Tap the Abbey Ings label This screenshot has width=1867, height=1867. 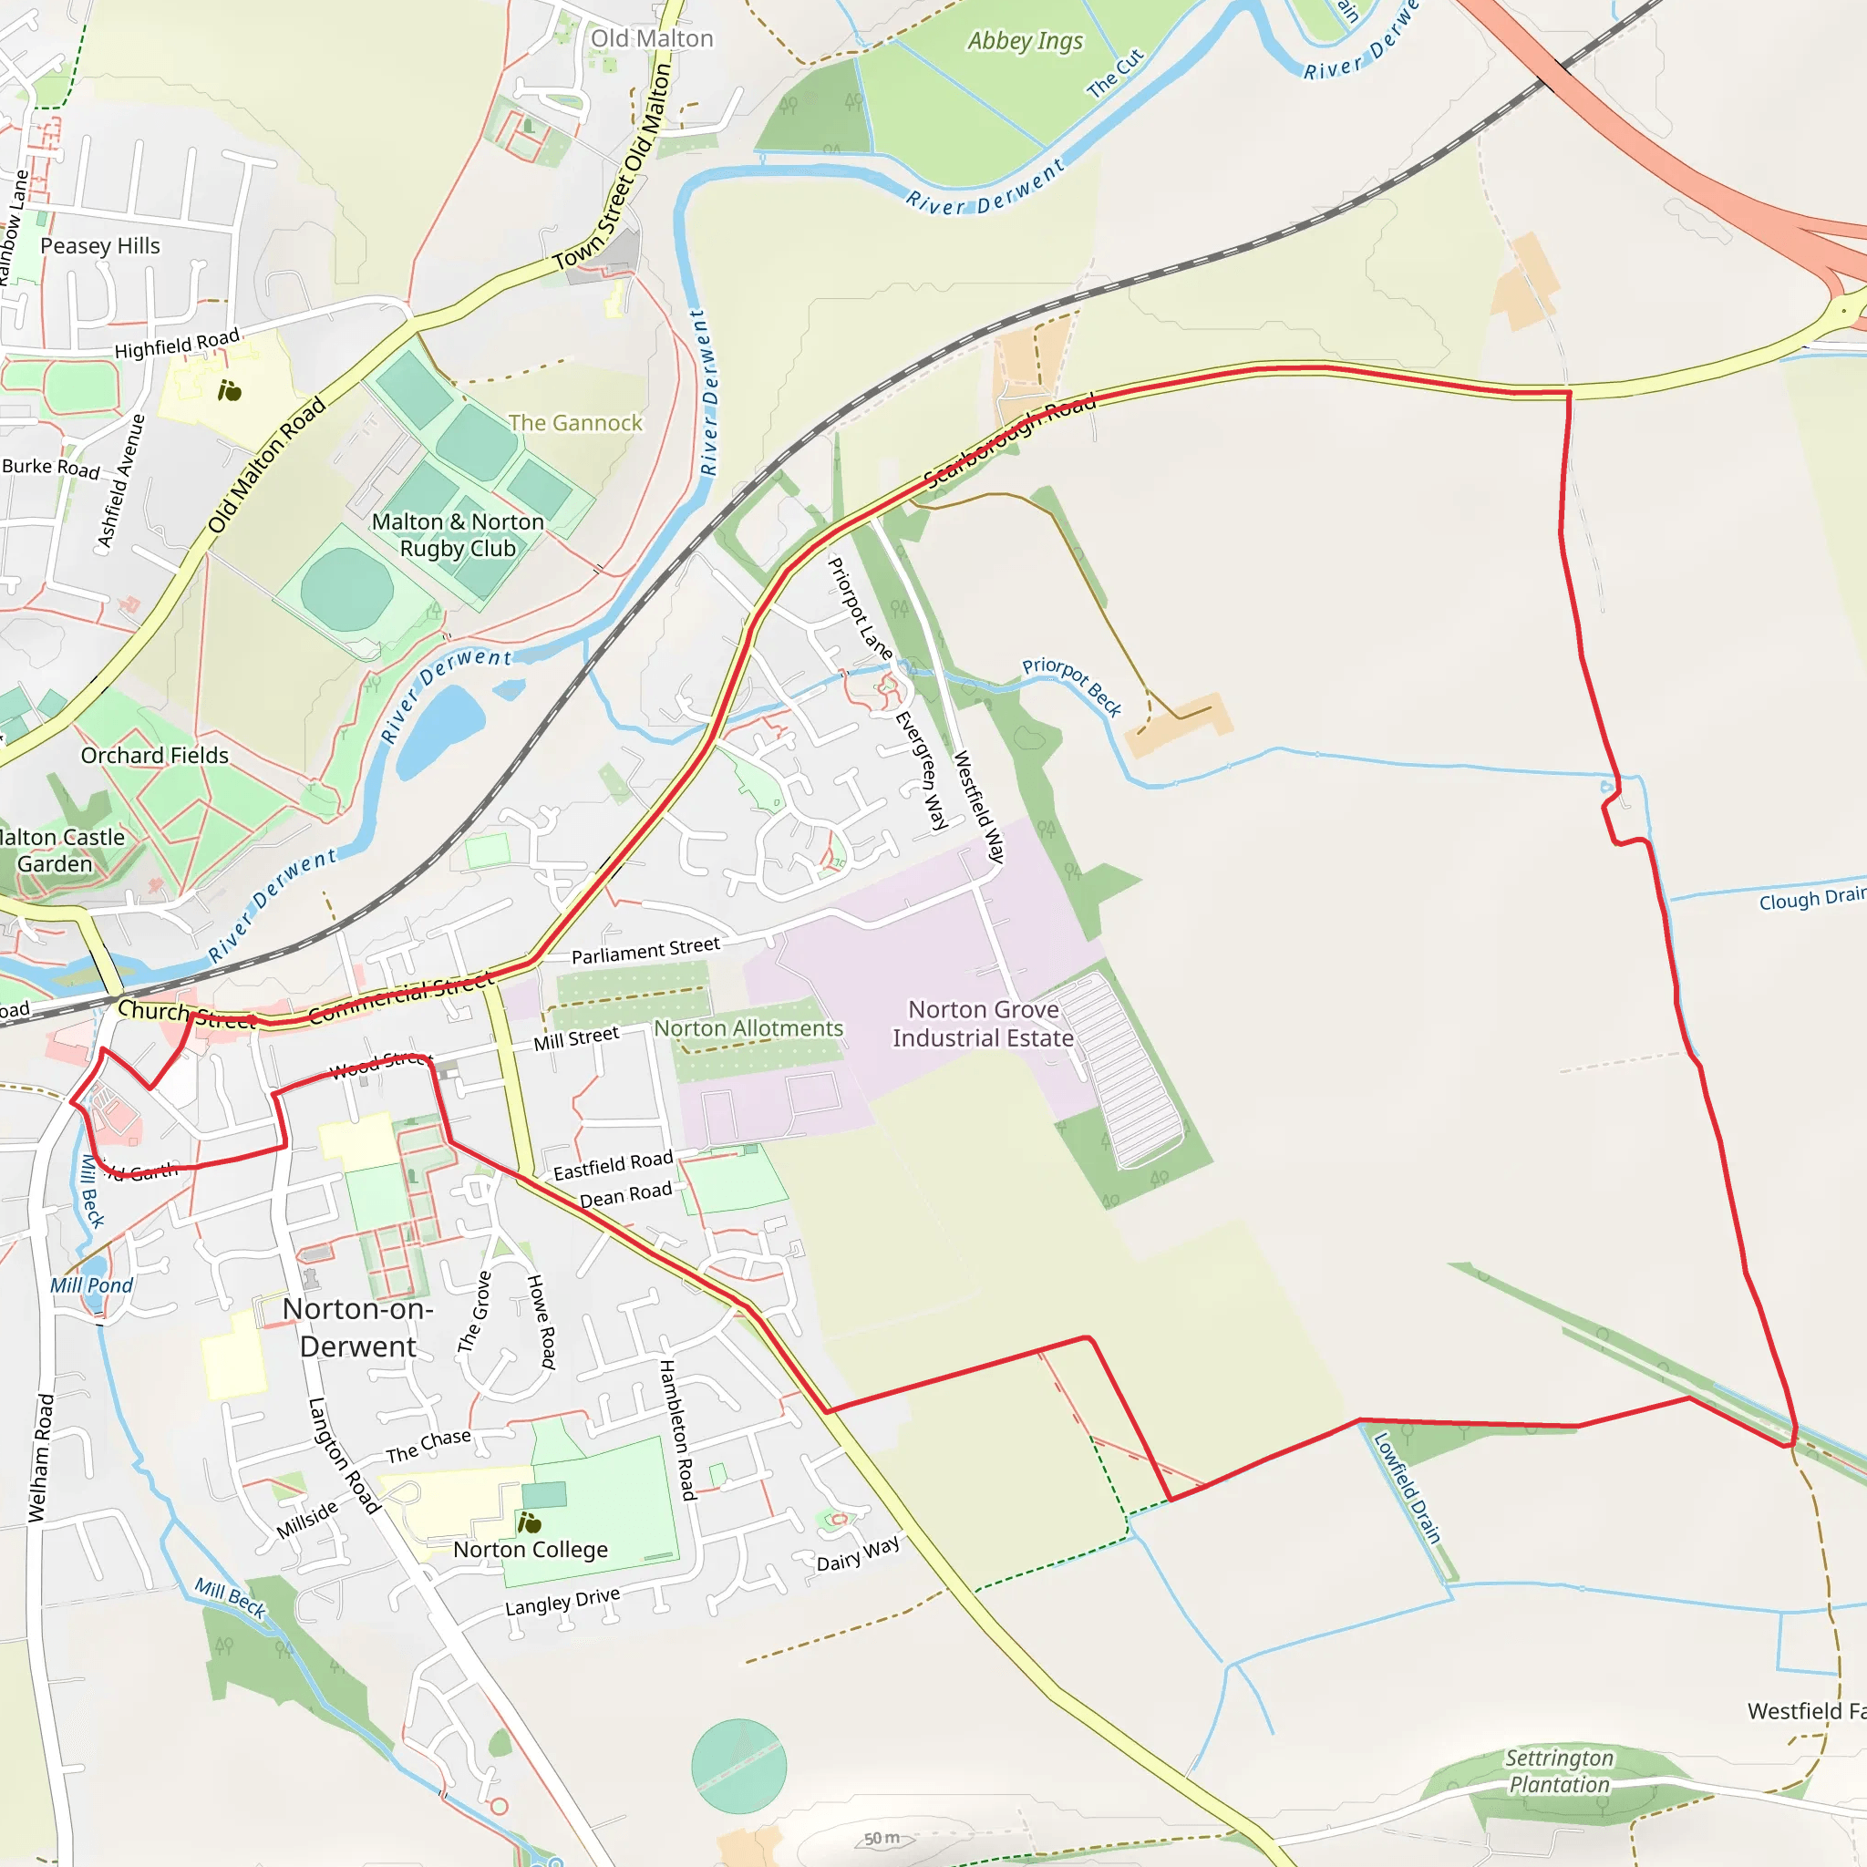[1026, 41]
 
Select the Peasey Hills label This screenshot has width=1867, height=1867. [100, 246]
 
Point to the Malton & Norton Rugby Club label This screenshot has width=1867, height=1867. [458, 535]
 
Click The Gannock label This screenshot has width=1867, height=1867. [575, 423]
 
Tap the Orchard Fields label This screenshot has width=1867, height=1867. [155, 756]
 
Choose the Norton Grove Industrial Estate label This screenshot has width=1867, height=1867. [983, 1024]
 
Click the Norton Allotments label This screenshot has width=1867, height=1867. [749, 1028]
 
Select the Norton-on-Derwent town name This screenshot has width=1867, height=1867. [357, 1326]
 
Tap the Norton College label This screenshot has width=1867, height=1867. [531, 1550]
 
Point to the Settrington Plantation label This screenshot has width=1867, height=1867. [1559, 1771]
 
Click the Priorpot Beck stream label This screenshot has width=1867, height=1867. [1072, 686]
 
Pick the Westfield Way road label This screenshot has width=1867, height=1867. [979, 807]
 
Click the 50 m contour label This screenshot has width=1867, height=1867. [882, 1839]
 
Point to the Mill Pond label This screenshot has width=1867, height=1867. [92, 1285]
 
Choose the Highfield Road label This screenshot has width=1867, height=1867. [177, 344]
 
